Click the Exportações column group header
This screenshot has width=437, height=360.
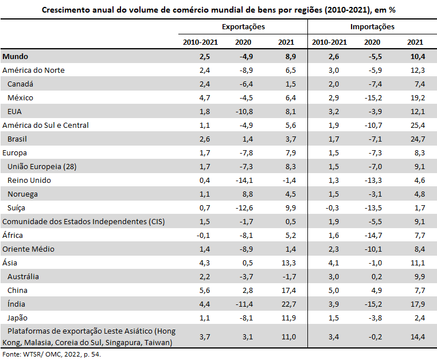pyautogui.click(x=243, y=27)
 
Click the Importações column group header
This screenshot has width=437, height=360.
pyautogui.click(x=372, y=27)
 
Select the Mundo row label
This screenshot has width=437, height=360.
pyautogui.click(x=15, y=57)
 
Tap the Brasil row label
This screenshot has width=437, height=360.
pyautogui.click(x=17, y=139)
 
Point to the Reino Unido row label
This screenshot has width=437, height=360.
pyautogui.click(x=29, y=180)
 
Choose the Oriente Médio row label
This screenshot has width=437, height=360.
pyautogui.click(x=29, y=249)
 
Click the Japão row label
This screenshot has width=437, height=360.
pyautogui.click(x=17, y=318)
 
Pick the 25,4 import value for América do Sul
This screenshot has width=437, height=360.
pyautogui.click(x=418, y=126)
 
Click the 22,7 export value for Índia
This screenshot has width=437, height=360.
pyautogui.click(x=289, y=304)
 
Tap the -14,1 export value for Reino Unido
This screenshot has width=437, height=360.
pyautogui.click(x=244, y=181)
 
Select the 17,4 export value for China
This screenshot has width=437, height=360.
pyautogui.click(x=289, y=291)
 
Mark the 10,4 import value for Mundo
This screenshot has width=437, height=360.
pyautogui.click(x=418, y=57)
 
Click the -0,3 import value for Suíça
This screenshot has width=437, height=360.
pyautogui.click(x=332, y=208)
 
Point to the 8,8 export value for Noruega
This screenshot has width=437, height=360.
pyautogui.click(x=248, y=194)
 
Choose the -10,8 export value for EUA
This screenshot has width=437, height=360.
pyautogui.click(x=244, y=112)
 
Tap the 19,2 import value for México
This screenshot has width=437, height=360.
pyautogui.click(x=418, y=98)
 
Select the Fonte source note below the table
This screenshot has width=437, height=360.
pyautogui.click(x=52, y=354)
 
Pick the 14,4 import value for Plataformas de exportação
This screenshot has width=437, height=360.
pyautogui.click(x=418, y=337)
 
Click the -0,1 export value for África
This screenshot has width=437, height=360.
pyautogui.click(x=203, y=236)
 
